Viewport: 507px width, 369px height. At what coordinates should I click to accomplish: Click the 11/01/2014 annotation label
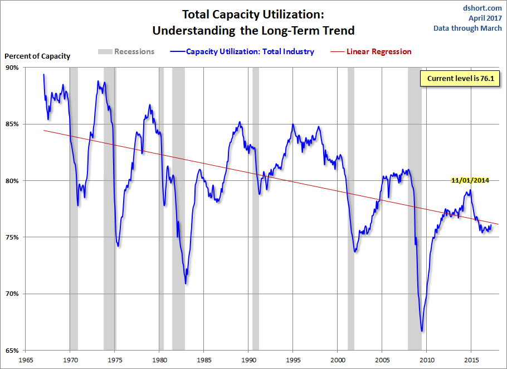tap(470, 180)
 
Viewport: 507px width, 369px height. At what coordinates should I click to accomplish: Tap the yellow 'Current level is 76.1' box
tap(460, 79)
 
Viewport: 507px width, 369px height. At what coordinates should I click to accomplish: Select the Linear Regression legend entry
tap(379, 52)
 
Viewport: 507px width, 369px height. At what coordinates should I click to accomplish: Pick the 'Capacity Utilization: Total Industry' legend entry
tap(250, 52)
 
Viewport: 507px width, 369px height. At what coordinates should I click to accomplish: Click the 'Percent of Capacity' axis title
tap(38, 56)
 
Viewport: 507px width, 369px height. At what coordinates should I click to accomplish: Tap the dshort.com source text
tap(482, 8)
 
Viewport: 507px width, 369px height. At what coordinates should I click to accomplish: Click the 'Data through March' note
tap(468, 28)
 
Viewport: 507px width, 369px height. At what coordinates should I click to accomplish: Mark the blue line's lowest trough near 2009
tap(422, 331)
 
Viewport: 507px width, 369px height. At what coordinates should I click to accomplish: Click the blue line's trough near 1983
tap(186, 283)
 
